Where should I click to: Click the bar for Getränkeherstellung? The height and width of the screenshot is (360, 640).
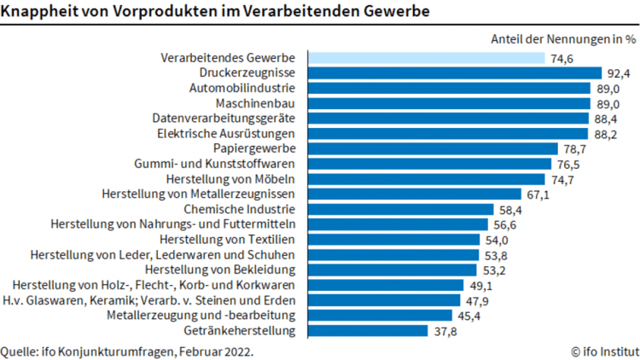tap(368, 331)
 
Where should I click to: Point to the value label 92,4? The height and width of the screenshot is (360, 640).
tap(618, 73)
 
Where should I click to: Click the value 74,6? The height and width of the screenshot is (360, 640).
tap(561, 58)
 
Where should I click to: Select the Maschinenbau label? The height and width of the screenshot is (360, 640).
tap(256, 103)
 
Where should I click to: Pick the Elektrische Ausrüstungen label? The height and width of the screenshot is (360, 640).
tap(226, 134)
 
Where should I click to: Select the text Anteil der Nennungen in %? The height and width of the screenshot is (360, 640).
tap(563, 38)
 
